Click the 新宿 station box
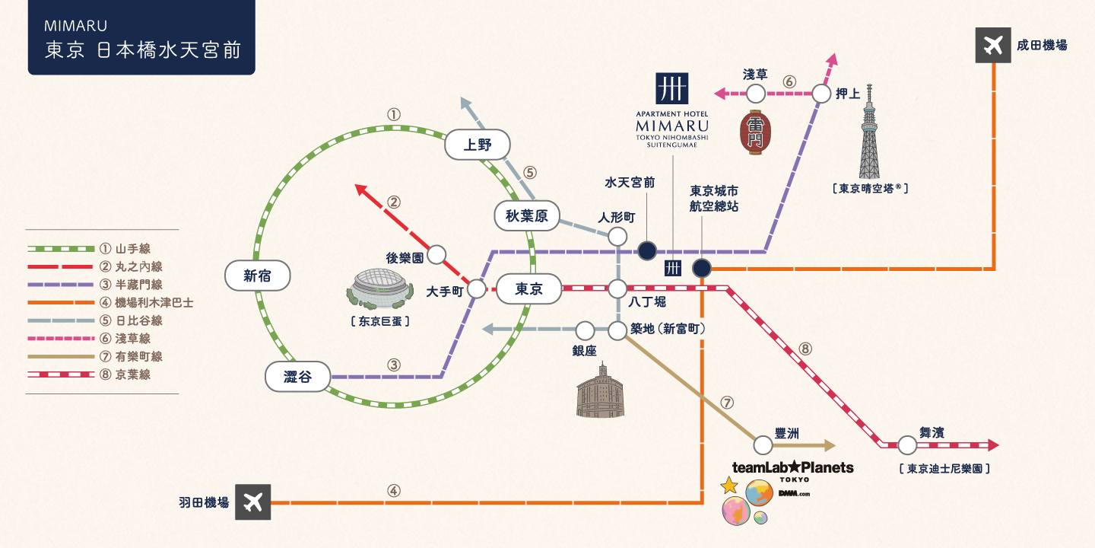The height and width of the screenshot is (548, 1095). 258,276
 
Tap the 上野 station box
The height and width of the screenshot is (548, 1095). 477,145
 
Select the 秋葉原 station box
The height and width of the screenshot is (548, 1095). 526,216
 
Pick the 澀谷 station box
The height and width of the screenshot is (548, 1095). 297,377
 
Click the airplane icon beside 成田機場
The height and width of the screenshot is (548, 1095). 992,46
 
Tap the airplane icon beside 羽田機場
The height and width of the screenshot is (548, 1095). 253,502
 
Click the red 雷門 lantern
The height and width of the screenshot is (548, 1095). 755,132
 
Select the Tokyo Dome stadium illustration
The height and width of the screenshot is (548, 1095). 379,290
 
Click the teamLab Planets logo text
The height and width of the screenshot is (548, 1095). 792,467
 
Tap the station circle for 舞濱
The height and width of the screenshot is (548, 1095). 906,445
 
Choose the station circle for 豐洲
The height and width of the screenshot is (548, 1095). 763,445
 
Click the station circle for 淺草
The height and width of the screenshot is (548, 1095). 755,94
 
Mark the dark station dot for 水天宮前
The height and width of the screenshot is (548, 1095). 646,250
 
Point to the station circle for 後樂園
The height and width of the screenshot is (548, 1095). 436,255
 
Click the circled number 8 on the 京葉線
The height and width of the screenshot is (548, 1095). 805,349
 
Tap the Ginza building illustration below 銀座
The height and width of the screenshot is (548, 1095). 601,391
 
